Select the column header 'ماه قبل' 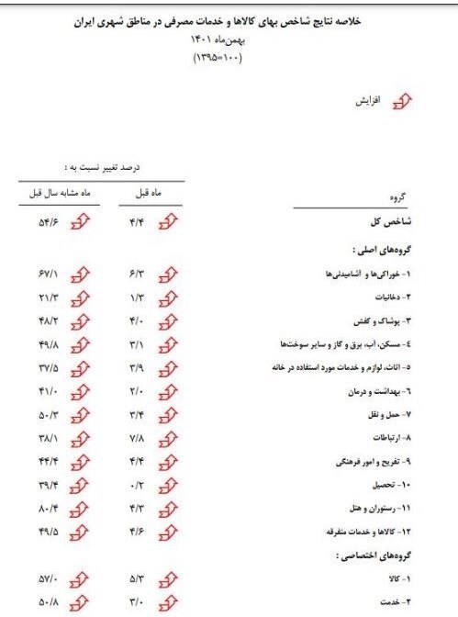(x=149, y=195)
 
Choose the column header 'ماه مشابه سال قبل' (x=50, y=195)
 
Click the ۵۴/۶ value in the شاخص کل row (x=48, y=221)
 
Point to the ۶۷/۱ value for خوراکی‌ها (x=48, y=274)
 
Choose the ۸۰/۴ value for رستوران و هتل (x=48, y=509)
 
